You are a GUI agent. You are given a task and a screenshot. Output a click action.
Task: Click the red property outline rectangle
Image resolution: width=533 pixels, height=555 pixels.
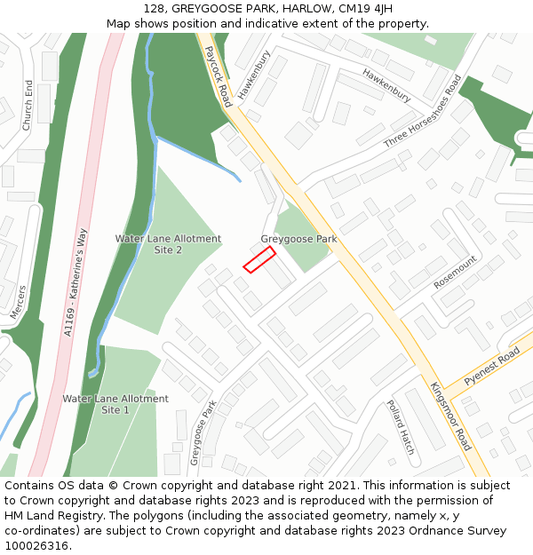259,258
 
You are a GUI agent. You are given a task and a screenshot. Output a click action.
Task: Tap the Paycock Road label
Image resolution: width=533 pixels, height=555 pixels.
218,77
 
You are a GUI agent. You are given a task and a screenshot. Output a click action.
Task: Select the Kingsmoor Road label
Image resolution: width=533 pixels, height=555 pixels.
449,416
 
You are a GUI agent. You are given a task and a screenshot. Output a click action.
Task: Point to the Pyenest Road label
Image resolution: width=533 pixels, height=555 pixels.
491,366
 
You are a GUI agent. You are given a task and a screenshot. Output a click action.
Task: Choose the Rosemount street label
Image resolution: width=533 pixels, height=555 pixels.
455,273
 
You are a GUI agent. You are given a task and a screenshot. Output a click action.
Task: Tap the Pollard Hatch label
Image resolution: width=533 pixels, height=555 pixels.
400,427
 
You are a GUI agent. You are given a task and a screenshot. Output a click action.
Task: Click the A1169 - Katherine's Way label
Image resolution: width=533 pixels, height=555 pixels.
76,282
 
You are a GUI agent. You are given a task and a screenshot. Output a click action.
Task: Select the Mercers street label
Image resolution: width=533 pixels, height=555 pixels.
18,302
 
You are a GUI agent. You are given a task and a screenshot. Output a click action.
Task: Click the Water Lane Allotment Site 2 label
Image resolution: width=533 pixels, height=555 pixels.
168,245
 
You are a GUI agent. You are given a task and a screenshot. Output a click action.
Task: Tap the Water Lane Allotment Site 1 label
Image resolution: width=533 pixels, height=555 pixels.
115,404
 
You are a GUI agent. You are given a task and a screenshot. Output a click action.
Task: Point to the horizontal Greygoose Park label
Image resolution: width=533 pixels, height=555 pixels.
298,239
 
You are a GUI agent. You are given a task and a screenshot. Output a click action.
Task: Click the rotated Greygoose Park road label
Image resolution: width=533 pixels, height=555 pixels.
203,432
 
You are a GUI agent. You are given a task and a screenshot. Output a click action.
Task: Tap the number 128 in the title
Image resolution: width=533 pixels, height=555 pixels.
153,9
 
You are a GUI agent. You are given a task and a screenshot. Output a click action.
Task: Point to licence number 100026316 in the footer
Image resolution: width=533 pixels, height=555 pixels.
36,545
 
